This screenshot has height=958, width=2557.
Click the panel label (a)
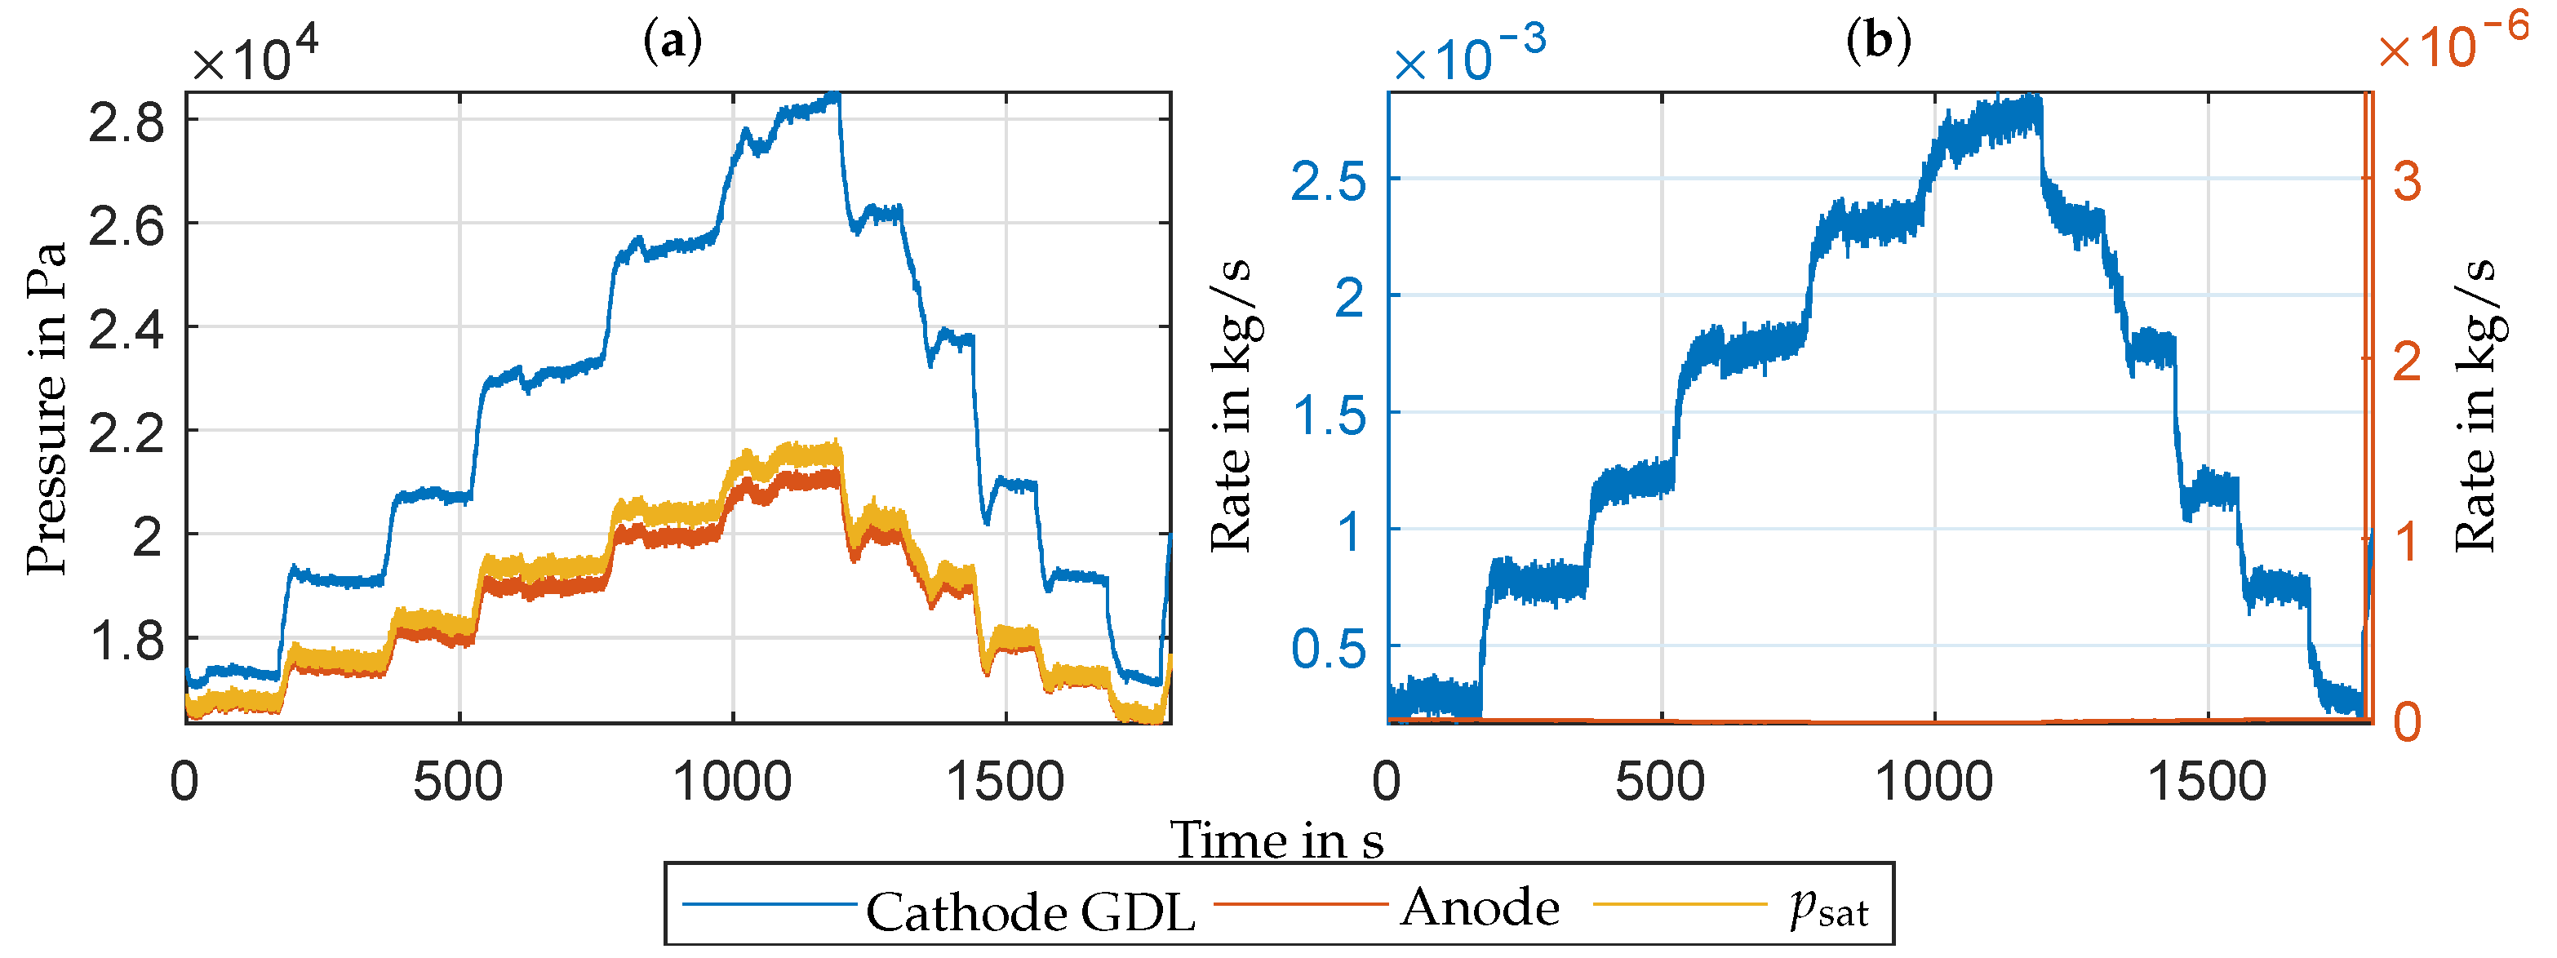click(673, 42)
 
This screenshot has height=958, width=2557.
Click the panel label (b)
click(1878, 42)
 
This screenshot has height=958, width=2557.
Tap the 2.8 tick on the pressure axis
click(126, 123)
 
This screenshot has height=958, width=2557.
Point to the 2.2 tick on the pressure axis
click(126, 434)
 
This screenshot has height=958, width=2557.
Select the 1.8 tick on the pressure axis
click(126, 641)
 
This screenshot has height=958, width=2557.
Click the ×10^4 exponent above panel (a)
click(254, 58)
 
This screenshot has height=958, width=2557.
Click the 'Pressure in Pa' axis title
click(47, 407)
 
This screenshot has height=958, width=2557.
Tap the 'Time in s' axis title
click(1276, 840)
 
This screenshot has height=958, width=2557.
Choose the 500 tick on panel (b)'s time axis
click(1660, 783)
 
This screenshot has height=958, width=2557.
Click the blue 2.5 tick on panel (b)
click(1328, 183)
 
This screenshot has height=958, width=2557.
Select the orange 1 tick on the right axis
click(2407, 542)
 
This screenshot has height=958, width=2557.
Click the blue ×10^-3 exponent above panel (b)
click(1468, 54)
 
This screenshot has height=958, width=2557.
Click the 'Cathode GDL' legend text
click(1030, 911)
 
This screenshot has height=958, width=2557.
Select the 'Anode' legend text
click(1479, 907)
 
